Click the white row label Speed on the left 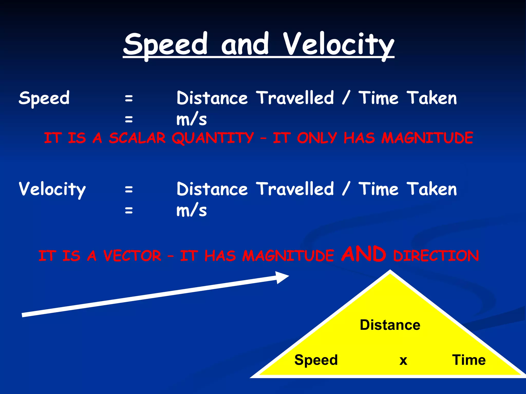(44, 98)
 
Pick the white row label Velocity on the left (52, 189)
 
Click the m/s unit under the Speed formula (192, 120)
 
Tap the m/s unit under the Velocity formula (192, 211)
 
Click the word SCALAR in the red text (137, 138)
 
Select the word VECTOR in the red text (132, 256)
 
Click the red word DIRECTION (436, 256)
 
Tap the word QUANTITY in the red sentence (213, 138)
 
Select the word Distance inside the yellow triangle (390, 325)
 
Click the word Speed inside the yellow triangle (316, 360)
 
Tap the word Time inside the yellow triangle (469, 360)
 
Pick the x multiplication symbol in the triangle (403, 360)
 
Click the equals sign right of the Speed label (129, 98)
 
